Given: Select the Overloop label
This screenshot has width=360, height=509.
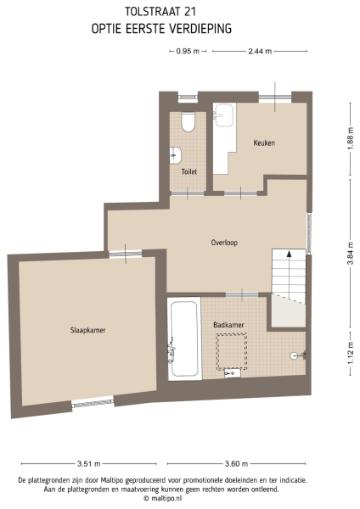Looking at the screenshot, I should (x=224, y=243).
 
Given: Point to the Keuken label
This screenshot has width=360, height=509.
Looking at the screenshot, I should (x=264, y=143).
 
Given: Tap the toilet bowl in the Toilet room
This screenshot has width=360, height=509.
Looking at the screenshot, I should (x=188, y=124).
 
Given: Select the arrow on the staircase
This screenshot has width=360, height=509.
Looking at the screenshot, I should (x=290, y=253).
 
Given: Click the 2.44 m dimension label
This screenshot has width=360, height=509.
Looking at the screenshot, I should (x=260, y=52).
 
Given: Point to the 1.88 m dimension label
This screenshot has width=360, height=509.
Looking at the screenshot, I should (x=349, y=142).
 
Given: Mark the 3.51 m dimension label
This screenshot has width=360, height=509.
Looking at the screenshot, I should (x=89, y=464).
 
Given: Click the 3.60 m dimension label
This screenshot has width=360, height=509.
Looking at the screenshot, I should (x=235, y=464).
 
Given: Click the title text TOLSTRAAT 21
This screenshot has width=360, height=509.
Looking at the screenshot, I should (x=160, y=13).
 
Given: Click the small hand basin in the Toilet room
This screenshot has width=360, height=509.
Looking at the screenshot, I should (x=176, y=154).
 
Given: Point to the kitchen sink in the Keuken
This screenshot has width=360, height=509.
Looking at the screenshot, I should (x=225, y=114).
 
